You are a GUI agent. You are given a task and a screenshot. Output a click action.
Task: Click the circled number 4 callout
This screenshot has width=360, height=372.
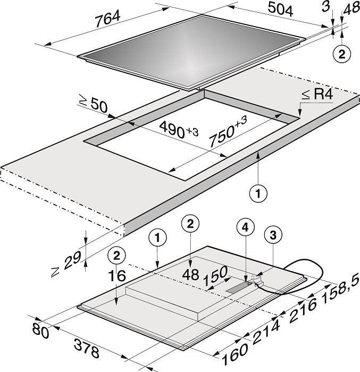coord(245,227)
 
